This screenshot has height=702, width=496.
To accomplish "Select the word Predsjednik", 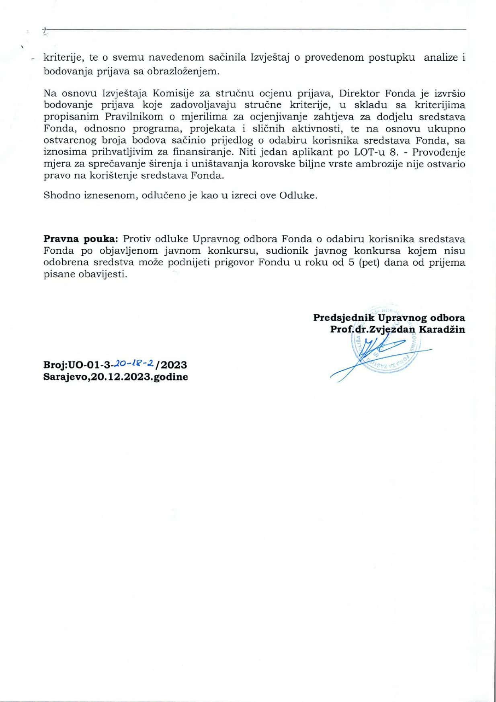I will click(x=344, y=318).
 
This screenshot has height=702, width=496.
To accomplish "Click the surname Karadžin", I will click(x=442, y=329).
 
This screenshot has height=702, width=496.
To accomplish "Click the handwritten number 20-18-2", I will click(x=134, y=364).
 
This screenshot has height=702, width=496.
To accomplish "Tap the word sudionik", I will click(x=285, y=251).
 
